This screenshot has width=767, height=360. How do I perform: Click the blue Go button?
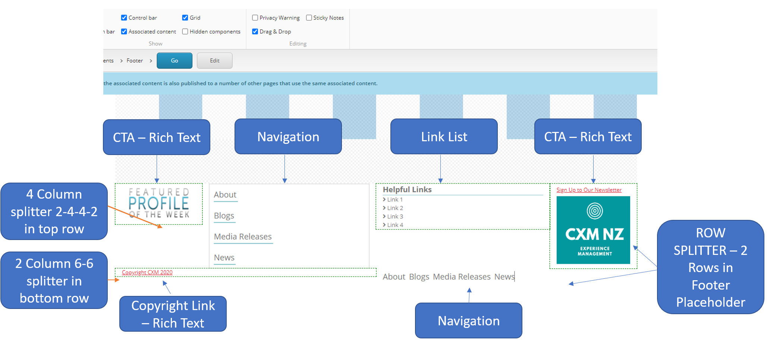(x=174, y=61)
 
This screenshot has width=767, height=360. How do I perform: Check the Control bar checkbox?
(x=124, y=18)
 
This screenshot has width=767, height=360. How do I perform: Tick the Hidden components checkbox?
(x=185, y=32)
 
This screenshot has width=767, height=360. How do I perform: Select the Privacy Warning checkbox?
(x=255, y=18)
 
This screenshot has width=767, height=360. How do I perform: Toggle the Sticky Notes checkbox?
(x=309, y=18)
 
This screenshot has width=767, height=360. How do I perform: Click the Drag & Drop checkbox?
(x=255, y=32)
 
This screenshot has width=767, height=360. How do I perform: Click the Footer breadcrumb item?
(x=134, y=61)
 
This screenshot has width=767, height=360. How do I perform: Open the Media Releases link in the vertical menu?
(x=243, y=237)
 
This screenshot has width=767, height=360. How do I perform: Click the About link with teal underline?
(x=225, y=195)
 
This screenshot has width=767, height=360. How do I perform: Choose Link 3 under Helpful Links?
(x=395, y=217)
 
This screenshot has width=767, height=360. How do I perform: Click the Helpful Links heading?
(x=407, y=190)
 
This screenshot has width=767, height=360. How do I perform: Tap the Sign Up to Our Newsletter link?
(x=589, y=190)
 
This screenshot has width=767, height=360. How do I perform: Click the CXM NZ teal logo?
(x=593, y=230)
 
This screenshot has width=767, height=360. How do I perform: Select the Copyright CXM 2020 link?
(x=147, y=272)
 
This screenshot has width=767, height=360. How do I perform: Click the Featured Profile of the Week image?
(x=159, y=203)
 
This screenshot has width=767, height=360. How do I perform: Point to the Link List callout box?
(x=444, y=137)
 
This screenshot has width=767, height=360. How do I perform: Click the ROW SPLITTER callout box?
(x=710, y=267)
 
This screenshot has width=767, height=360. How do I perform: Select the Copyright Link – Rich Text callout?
(x=173, y=314)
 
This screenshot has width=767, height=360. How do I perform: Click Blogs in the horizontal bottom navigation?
(x=419, y=277)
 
